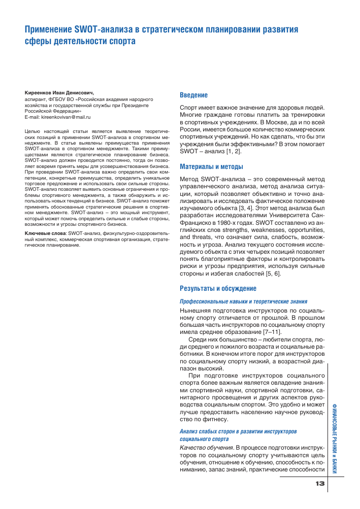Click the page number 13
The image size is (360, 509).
[319, 483]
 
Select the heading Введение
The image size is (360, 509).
[194, 95]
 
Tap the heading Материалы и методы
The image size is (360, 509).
[212, 166]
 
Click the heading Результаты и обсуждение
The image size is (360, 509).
[218, 288]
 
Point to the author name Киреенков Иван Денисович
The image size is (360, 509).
[63, 93]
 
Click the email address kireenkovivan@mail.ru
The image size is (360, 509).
[64, 117]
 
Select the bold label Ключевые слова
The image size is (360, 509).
[42, 232]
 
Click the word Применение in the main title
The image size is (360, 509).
[49, 29]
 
